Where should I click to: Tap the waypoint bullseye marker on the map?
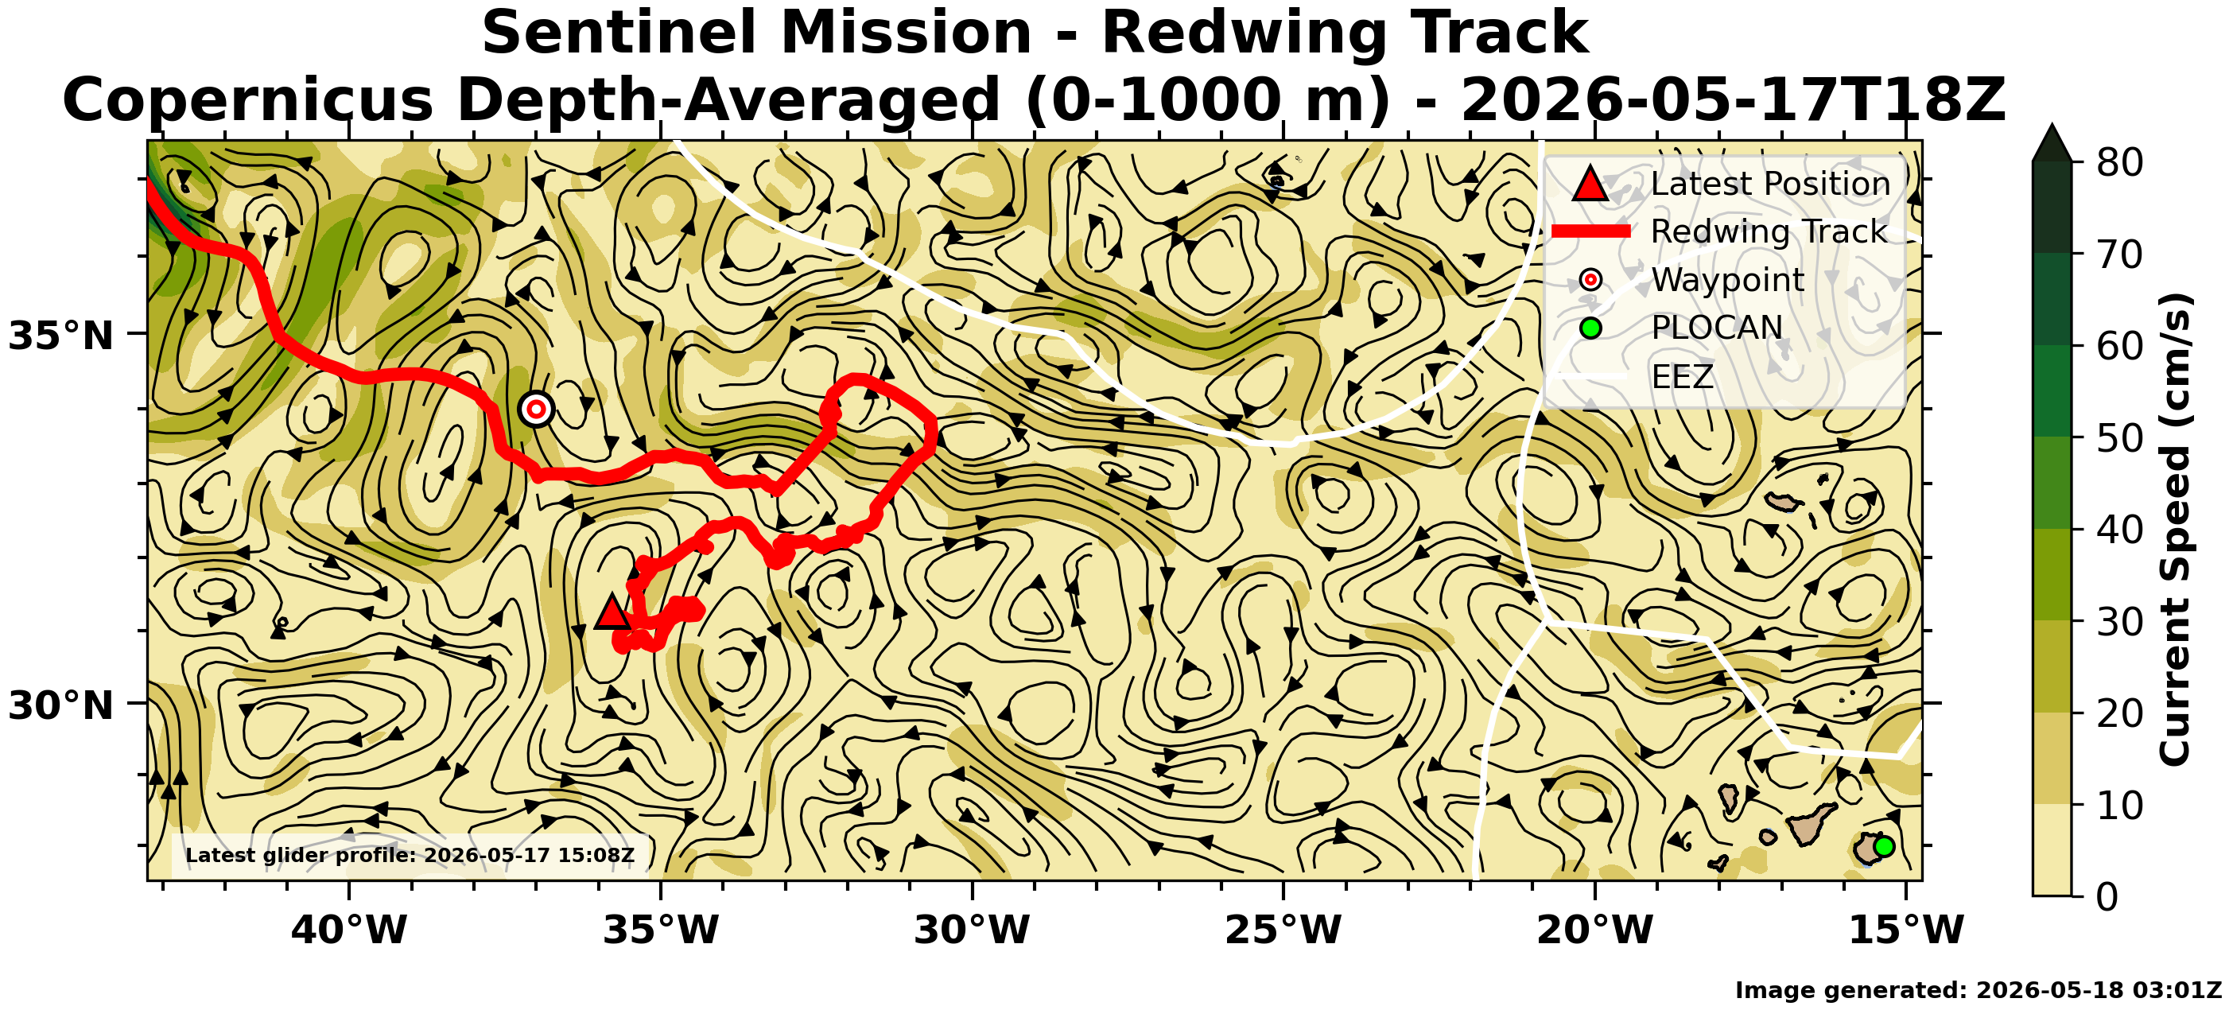[x=537, y=409]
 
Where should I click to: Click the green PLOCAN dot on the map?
[x=1884, y=846]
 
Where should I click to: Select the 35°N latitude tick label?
[x=60, y=335]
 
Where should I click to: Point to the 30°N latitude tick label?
[x=60, y=705]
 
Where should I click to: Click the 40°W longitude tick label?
[x=349, y=930]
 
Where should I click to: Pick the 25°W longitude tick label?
[x=1283, y=930]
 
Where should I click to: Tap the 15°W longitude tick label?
[x=1906, y=930]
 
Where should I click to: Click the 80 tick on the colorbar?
[x=2119, y=162]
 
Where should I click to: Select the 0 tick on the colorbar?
[x=2108, y=896]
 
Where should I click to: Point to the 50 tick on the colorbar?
[x=2119, y=438]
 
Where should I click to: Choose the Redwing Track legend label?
[x=1769, y=232]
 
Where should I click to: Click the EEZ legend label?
[x=1682, y=376]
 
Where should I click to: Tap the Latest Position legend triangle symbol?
[x=1590, y=184]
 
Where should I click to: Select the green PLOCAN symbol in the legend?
[x=1590, y=328]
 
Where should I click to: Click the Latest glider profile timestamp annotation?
[x=410, y=856]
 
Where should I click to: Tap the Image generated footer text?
[x=1978, y=990]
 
